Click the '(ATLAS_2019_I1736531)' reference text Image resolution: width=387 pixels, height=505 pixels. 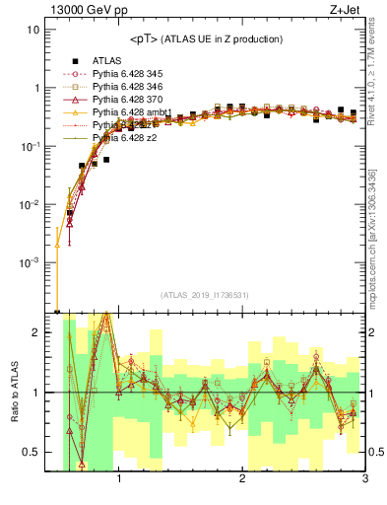[x=204, y=294]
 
